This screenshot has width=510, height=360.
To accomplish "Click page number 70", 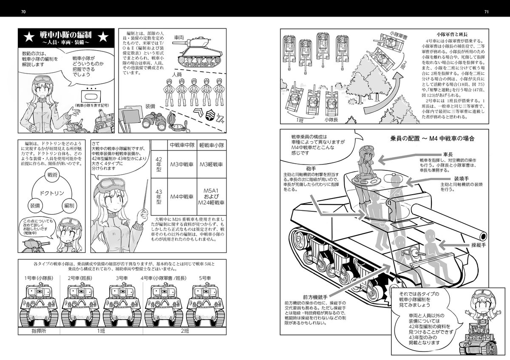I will (23, 11).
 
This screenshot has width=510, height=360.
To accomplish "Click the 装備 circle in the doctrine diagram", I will (35, 205).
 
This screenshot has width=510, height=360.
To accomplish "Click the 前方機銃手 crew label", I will (314, 296).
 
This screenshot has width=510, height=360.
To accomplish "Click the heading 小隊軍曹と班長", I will (453, 33).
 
